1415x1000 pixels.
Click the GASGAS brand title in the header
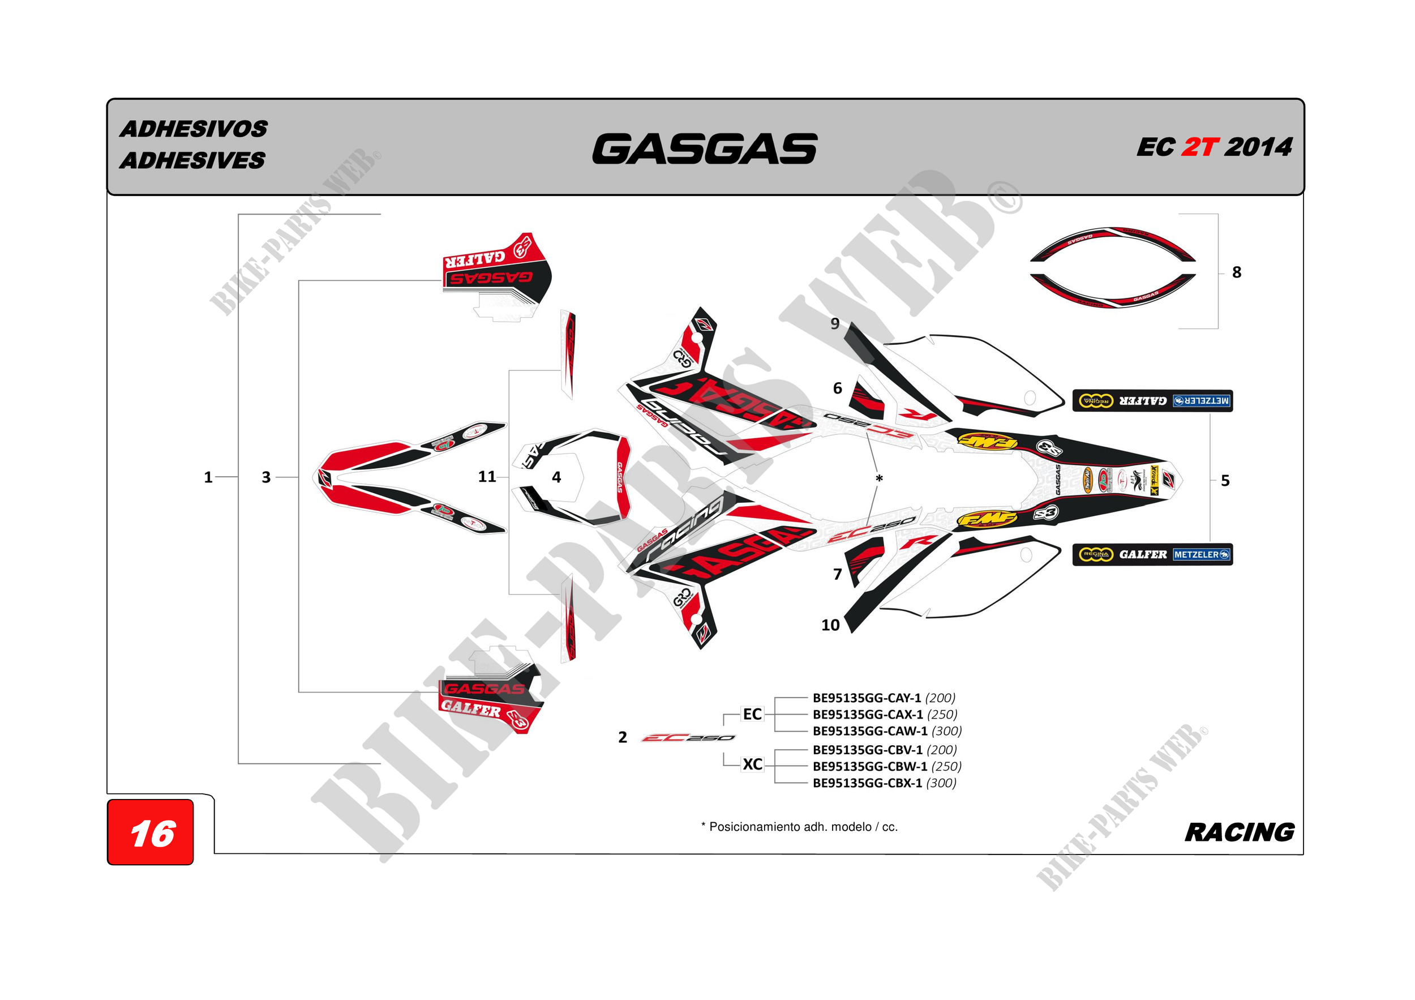705,149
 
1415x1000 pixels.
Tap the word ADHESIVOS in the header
194,129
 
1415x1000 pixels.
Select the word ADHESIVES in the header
192,160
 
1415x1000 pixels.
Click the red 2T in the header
1199,147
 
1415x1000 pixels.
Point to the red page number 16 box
151,832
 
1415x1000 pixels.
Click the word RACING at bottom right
1240,832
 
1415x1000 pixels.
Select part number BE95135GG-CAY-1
867,698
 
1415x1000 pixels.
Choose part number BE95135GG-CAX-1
868,715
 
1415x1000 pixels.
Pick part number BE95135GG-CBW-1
869,766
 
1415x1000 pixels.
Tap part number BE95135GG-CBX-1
867,783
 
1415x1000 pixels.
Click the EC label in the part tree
752,714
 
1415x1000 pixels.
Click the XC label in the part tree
752,764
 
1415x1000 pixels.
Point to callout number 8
1236,272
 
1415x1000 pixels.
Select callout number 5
1225,481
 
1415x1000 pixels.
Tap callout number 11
487,477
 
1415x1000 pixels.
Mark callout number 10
830,625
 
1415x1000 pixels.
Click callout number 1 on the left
208,477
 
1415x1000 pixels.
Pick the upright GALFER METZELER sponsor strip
1152,554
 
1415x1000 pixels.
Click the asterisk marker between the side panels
879,478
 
